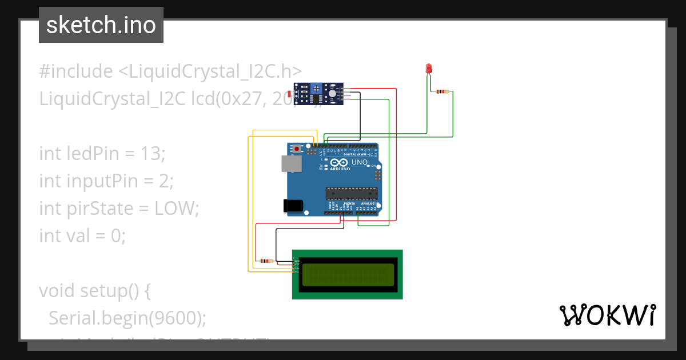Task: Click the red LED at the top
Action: point(429,69)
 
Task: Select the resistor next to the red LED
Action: point(442,91)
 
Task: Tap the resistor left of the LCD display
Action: point(265,261)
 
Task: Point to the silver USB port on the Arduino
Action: point(292,165)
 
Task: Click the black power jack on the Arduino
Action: point(292,206)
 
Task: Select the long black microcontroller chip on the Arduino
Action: point(352,194)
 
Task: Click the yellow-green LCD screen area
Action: point(348,274)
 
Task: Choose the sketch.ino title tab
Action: point(101,25)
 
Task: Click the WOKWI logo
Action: point(607,315)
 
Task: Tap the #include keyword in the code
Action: point(76,71)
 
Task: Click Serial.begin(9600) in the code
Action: point(127,318)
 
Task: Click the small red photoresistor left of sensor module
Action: point(290,93)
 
